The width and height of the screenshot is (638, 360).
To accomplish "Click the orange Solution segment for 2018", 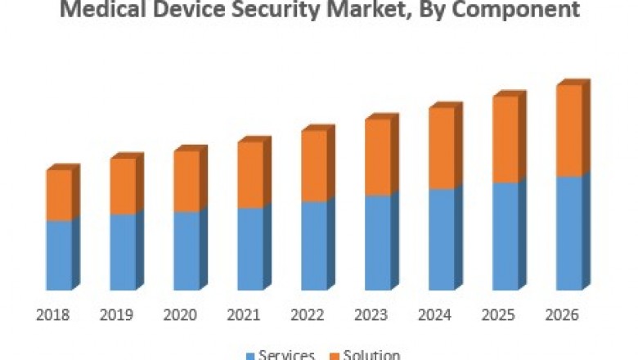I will tap(59, 195).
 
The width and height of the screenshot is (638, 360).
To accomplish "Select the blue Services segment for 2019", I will tap(123, 252).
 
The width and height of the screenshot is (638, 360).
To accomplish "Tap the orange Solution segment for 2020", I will tap(186, 182).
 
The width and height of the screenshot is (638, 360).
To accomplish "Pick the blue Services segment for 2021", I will tap(250, 249).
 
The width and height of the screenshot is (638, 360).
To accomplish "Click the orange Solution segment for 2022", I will tap(314, 165).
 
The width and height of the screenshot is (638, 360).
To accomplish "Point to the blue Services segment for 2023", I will tap(378, 242).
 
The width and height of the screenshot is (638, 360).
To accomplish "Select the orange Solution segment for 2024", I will tap(442, 147).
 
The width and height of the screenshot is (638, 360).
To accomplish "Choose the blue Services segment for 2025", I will tap(505, 236).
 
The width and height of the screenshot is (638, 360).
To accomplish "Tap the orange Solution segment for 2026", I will tap(569, 131).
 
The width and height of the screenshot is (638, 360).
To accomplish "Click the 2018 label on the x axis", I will tap(53, 315).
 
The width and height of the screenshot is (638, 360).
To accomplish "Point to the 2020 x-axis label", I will tap(181, 315).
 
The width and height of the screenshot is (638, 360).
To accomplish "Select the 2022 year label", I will tap(308, 315).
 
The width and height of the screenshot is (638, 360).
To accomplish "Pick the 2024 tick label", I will tap(435, 315).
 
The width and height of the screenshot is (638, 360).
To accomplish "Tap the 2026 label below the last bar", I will tap(563, 315).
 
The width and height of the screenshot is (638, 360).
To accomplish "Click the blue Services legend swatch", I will tap(250, 355).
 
